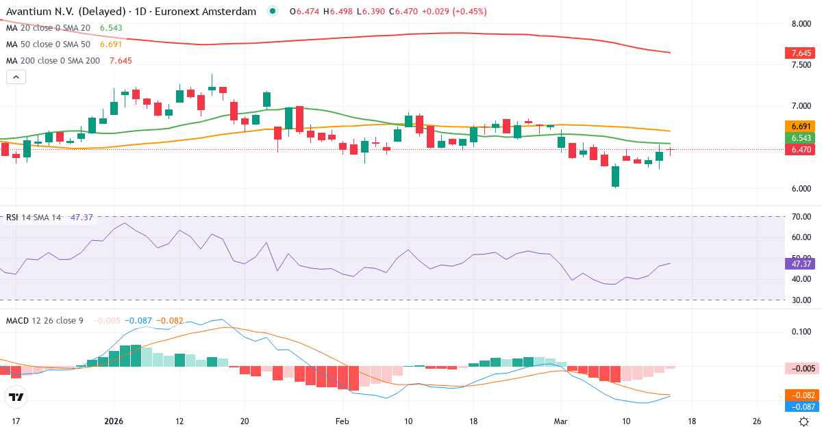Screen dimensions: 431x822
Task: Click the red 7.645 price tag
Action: coord(799,53)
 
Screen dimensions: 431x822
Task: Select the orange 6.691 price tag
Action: coord(799,127)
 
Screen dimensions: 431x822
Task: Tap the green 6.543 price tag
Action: coord(799,138)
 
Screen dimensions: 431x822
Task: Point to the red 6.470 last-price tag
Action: coord(799,150)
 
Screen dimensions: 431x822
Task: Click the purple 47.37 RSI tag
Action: coord(799,263)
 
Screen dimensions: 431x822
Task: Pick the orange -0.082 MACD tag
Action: coord(799,395)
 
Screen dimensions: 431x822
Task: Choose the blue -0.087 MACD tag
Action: coord(799,407)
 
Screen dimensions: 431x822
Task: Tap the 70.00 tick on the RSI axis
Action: coord(801,217)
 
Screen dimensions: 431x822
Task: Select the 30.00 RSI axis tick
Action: coord(801,300)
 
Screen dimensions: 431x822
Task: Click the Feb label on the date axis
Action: coord(342,421)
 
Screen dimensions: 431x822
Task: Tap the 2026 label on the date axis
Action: coord(114,421)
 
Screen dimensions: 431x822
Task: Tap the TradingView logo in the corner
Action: coord(16,397)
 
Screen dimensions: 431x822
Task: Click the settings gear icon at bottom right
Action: coord(804,421)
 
